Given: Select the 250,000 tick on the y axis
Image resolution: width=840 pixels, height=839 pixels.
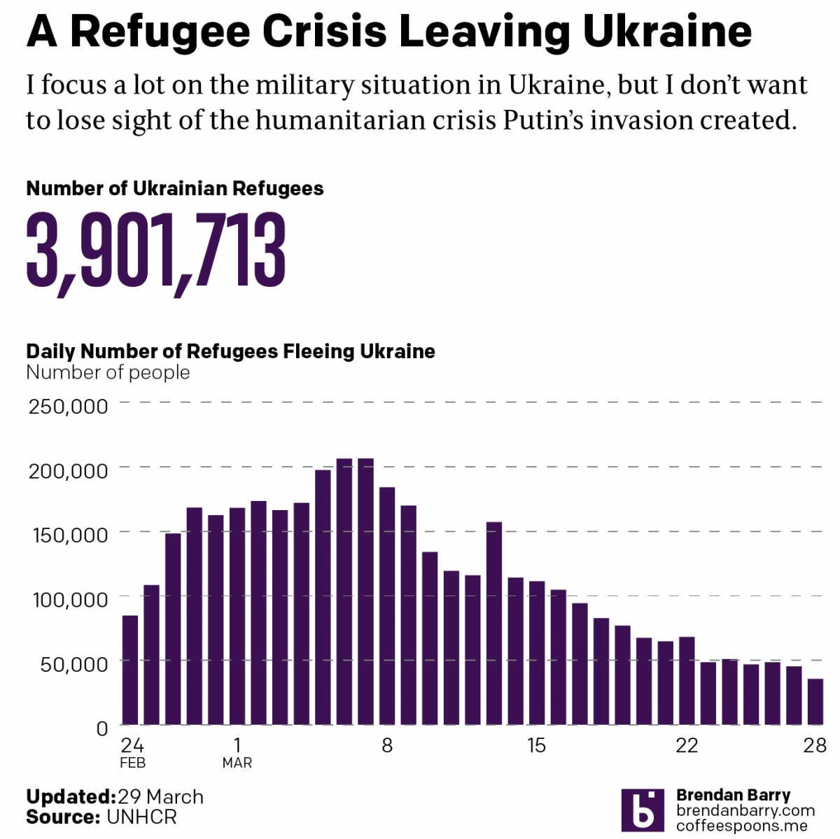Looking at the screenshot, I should pyautogui.click(x=68, y=406).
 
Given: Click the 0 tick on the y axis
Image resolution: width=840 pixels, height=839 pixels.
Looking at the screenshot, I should pyautogui.click(x=101, y=728).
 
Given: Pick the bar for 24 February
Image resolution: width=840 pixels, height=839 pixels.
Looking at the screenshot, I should pyautogui.click(x=130, y=670).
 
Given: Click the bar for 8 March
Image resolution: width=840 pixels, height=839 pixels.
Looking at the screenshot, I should pyautogui.click(x=387, y=605).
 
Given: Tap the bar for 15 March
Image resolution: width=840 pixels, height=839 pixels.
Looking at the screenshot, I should pyautogui.click(x=537, y=652).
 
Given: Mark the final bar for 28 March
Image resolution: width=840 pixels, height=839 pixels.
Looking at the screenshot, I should pyautogui.click(x=815, y=701).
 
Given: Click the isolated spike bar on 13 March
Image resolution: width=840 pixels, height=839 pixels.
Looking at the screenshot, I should pyautogui.click(x=494, y=623).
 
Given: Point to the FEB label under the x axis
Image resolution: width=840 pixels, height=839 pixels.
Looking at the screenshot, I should pyautogui.click(x=132, y=763).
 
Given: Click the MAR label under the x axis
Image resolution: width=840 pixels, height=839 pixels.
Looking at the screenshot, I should pyautogui.click(x=237, y=763).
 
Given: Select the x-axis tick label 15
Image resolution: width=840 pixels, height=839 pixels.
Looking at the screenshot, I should pyautogui.click(x=537, y=745).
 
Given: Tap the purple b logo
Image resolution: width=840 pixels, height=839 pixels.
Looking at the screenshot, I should pyautogui.click(x=642, y=810).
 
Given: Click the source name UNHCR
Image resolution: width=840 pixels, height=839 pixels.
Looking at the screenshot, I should pyautogui.click(x=141, y=817).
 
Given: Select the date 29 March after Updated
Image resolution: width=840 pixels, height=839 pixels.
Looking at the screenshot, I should pyautogui.click(x=160, y=797).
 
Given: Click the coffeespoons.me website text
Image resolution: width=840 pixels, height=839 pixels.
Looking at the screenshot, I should pyautogui.click(x=741, y=826).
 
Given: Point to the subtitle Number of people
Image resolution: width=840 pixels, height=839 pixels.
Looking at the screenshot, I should pyautogui.click(x=108, y=372).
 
